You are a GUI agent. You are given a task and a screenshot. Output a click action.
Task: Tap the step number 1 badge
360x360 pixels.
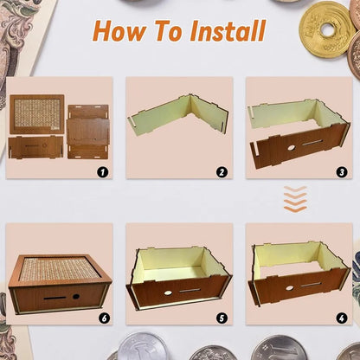click(x=102, y=171)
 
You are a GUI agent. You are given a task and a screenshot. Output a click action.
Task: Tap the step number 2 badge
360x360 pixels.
click(x=222, y=171)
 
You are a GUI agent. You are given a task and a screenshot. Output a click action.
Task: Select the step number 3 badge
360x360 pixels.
click(x=341, y=171)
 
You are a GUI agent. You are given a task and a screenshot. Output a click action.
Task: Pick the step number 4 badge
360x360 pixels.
click(x=341, y=318)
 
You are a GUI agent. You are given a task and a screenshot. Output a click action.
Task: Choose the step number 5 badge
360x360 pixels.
click(x=222, y=318)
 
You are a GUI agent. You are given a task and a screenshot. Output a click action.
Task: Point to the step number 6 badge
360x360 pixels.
click(x=102, y=318)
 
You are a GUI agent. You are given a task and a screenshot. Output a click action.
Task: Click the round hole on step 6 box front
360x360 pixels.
click(x=76, y=296)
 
